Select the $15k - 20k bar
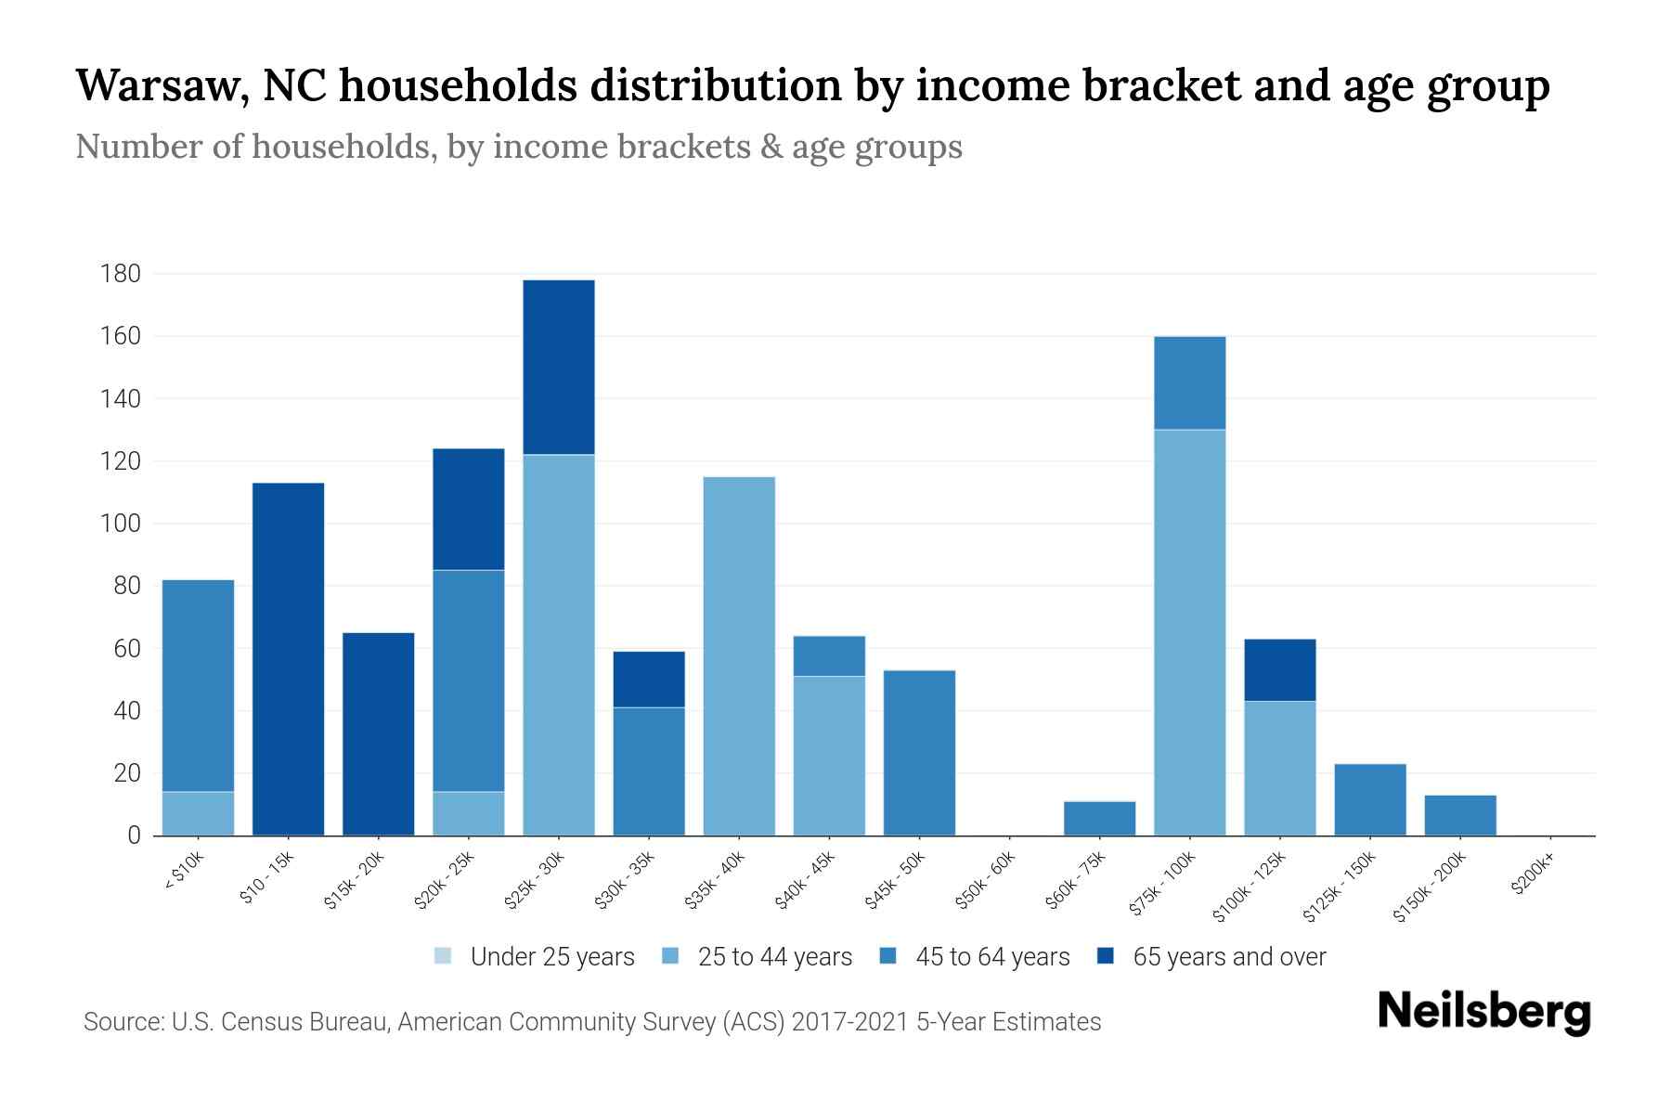[x=378, y=733]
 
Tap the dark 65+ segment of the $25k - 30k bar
[x=559, y=367]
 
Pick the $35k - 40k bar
[x=739, y=655]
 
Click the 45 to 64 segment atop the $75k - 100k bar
[x=1189, y=382]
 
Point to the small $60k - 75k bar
[x=1099, y=818]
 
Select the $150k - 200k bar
[x=1459, y=815]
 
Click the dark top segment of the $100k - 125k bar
[x=1279, y=669]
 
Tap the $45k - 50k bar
[x=919, y=752]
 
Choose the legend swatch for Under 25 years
[x=444, y=956]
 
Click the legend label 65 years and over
[x=1229, y=957]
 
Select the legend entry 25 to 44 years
[x=774, y=957]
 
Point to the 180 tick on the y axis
[x=121, y=274]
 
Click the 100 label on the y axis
[x=121, y=524]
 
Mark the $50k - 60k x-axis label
[x=986, y=881]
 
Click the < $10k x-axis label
[x=184, y=873]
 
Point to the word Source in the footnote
[x=121, y=1022]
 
